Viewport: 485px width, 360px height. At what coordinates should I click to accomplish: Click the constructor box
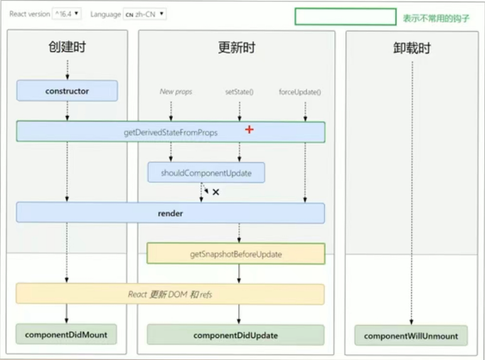pos(67,91)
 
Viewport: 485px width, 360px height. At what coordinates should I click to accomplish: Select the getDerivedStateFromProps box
pos(171,132)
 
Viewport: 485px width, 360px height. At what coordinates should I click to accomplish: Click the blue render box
pos(171,213)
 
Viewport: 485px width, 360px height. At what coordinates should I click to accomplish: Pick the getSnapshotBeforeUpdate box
pos(235,254)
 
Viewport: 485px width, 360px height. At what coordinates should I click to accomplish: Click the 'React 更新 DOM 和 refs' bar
pos(171,295)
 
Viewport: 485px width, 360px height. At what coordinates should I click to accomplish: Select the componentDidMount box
pos(67,334)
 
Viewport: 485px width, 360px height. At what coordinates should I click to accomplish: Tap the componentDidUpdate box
pos(235,335)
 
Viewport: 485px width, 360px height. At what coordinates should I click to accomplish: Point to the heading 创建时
pos(67,48)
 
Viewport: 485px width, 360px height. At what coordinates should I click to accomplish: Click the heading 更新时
pos(236,48)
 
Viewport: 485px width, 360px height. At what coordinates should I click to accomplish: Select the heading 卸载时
pos(411,48)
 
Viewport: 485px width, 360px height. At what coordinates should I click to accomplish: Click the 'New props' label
pos(176,92)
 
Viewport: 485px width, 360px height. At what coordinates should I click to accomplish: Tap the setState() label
pos(240,92)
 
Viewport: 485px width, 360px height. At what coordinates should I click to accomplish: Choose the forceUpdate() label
pos(299,92)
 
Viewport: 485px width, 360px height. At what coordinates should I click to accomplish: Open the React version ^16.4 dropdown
pos(68,14)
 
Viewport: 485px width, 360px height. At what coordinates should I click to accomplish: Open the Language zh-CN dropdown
pos(145,14)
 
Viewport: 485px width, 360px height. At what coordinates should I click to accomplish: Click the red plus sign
pos(250,129)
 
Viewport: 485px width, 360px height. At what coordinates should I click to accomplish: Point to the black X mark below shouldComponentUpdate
pos(215,192)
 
